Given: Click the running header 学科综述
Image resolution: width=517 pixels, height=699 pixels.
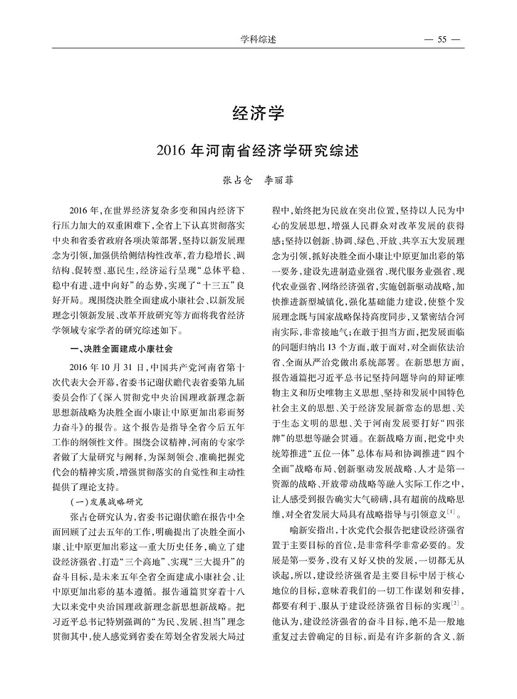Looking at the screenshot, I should pyautogui.click(x=258, y=40).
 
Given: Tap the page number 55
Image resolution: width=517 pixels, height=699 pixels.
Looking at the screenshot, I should pyautogui.click(x=441, y=40).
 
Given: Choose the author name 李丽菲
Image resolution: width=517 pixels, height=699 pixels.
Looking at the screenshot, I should pyautogui.click(x=279, y=181).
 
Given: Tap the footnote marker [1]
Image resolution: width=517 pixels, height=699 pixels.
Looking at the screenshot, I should pyautogui.click(x=451, y=511).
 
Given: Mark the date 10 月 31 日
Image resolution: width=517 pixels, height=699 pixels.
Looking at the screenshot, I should pyautogui.click(x=113, y=365).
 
